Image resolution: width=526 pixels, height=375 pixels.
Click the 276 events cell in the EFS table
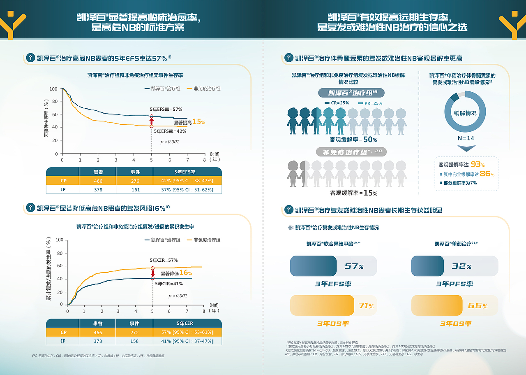tap(135, 181)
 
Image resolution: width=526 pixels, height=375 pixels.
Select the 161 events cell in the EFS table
tap(135, 190)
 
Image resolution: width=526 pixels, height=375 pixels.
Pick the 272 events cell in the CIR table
tap(135, 333)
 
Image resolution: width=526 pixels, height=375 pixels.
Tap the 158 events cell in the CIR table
tap(135, 341)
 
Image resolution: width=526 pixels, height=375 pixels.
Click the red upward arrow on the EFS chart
tap(152, 121)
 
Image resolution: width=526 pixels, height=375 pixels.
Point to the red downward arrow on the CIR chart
tap(153, 273)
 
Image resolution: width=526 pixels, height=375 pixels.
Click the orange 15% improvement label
tap(198, 122)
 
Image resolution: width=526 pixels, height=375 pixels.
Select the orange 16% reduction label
tap(186, 273)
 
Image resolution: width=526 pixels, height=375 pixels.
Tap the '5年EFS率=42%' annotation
tap(170, 131)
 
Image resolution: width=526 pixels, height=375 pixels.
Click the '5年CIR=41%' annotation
tap(169, 284)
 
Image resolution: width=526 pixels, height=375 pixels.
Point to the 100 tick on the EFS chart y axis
tap(53, 89)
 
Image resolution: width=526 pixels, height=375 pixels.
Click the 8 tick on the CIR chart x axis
tap(204, 311)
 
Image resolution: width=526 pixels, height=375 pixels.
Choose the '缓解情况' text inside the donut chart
tap(465, 113)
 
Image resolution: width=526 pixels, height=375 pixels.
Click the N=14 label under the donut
tap(465, 138)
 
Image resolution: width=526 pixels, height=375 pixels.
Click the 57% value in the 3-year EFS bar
tap(354, 266)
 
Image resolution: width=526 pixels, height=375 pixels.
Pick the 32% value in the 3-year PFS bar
tap(462, 266)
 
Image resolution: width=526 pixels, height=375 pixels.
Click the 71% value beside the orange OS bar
tap(366, 306)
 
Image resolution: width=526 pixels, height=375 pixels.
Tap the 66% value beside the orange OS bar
tap(478, 306)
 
